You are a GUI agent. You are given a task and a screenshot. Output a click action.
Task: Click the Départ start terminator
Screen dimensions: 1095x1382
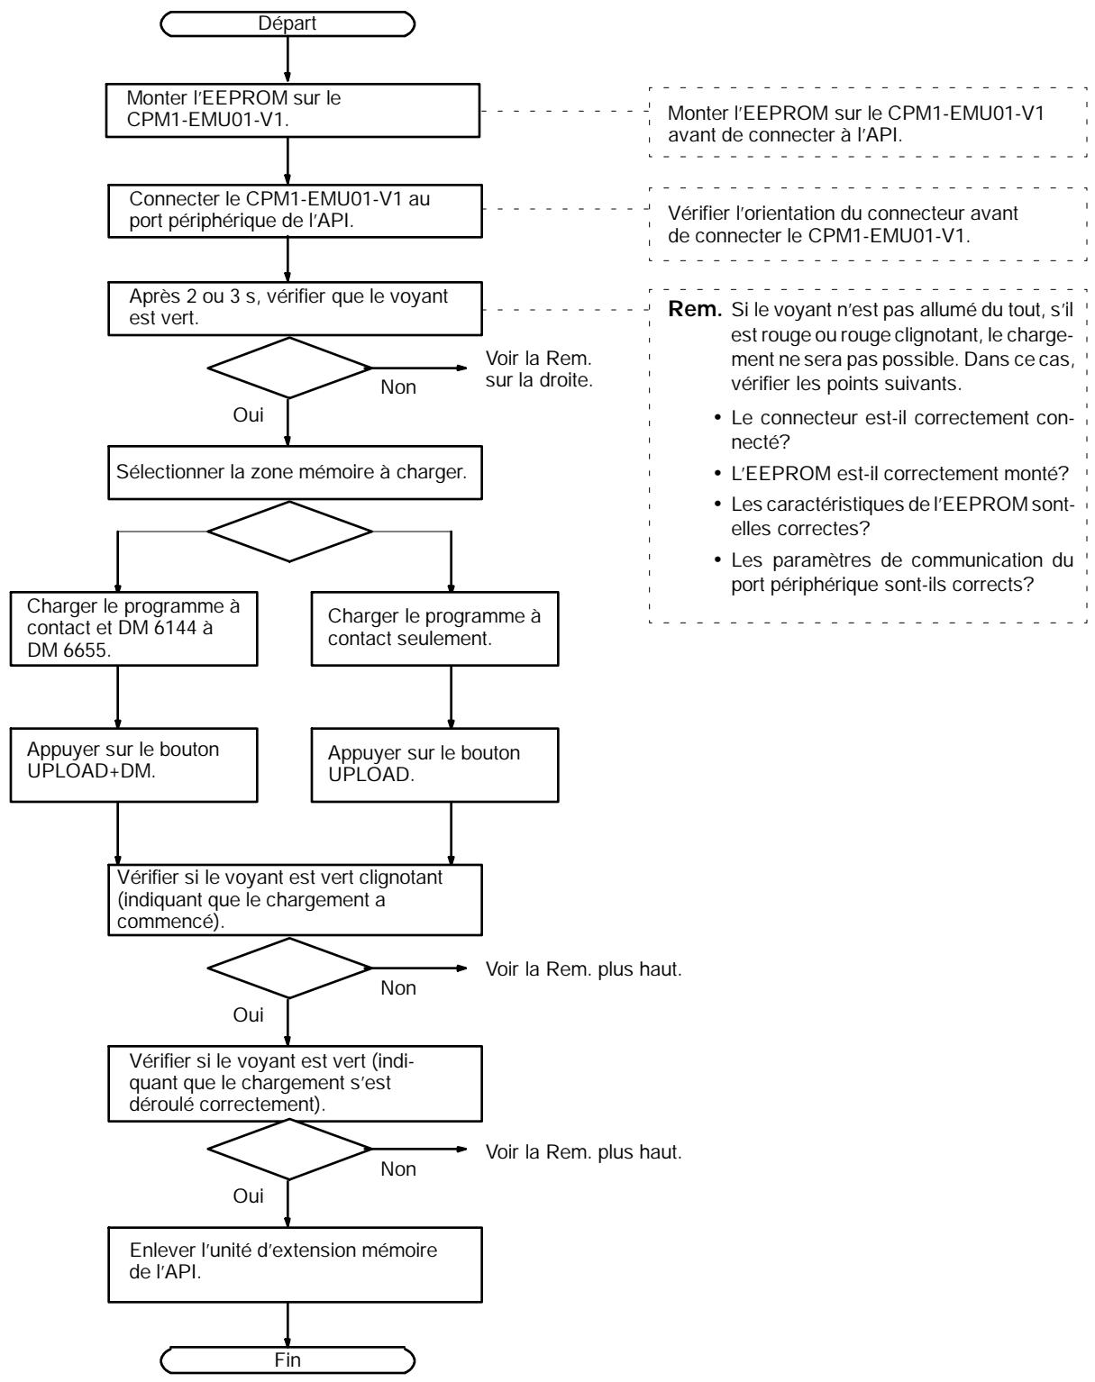287,23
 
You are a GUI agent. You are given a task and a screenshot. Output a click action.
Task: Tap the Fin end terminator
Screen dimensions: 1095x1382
287,1360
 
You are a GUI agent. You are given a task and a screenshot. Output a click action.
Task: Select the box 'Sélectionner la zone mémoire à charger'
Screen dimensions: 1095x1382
295,473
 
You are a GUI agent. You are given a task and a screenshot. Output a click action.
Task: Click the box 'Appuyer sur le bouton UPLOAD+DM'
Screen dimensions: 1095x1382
133,765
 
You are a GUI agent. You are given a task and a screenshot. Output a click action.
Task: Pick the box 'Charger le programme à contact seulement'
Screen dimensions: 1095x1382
435,629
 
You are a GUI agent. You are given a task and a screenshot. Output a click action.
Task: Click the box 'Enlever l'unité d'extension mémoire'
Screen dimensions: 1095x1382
295,1265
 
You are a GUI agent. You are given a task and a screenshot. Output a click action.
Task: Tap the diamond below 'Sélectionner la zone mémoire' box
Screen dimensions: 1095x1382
290,532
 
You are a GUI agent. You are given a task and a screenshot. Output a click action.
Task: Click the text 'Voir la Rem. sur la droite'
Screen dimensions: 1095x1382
539,369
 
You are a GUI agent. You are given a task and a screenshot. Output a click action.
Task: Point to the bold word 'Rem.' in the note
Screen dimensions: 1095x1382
695,310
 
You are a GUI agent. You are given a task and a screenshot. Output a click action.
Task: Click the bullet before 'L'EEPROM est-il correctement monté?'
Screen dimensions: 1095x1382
717,474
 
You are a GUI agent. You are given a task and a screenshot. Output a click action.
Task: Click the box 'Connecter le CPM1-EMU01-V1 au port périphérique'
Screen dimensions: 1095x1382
295,212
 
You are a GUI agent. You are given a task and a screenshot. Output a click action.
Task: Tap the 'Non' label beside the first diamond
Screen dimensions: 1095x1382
398,387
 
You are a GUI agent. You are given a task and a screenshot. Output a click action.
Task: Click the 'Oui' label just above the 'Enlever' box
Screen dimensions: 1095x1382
248,1196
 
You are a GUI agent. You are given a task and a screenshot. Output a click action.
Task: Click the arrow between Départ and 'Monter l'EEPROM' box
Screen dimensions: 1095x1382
287,60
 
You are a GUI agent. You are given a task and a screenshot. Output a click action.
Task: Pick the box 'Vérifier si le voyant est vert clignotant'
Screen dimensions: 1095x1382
295,900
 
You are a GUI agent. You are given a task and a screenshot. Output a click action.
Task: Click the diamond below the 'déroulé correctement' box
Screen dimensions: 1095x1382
290,1150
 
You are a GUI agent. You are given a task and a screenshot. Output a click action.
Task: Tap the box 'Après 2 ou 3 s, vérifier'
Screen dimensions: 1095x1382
295,308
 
